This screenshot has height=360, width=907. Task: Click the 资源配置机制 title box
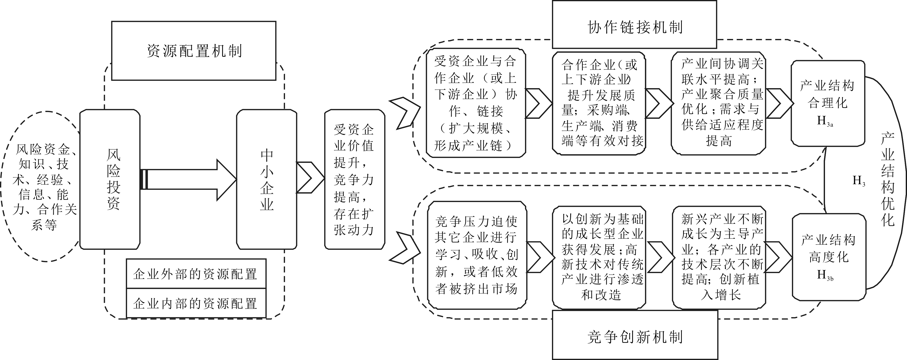coord(194,51)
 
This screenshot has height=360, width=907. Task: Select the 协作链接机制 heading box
coord(634,25)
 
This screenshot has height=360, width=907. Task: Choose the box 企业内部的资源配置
coord(196,303)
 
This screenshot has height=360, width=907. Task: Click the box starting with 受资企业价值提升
coord(355,180)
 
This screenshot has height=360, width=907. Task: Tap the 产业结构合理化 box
coord(828,103)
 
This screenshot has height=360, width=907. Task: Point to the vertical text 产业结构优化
coord(888,180)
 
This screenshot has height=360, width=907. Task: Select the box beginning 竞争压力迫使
coord(477,255)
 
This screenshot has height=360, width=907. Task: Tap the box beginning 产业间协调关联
coord(719,103)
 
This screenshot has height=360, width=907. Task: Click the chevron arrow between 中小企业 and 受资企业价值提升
coord(310,178)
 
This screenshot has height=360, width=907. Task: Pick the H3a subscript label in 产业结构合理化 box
coord(825,122)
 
